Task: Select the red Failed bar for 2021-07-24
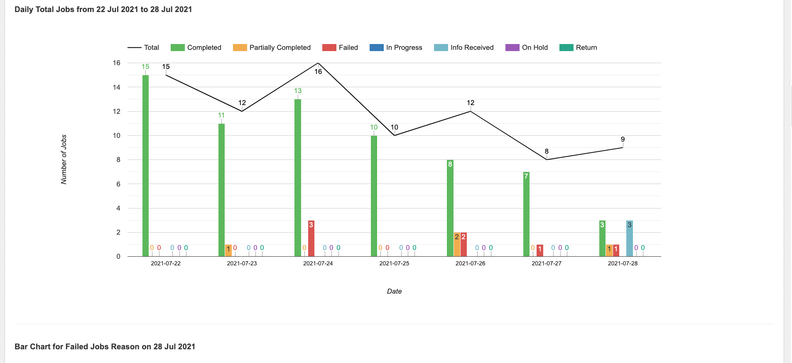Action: click(311, 238)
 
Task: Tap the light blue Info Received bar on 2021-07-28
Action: click(629, 238)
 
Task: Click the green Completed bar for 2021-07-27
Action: click(526, 214)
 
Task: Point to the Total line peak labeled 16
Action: click(318, 63)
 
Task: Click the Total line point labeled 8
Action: click(547, 159)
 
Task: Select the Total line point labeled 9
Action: click(623, 147)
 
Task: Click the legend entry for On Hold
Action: click(527, 47)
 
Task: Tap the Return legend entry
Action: click(578, 47)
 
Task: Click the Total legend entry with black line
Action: click(143, 47)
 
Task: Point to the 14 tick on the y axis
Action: click(117, 87)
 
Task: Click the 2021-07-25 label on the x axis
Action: click(394, 263)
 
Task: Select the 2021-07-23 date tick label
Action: click(242, 263)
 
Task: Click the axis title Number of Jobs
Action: click(64, 159)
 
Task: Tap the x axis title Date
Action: click(394, 291)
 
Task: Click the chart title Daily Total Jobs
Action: click(103, 10)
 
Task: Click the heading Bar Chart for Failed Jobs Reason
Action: click(105, 347)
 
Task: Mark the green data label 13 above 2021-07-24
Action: click(298, 91)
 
